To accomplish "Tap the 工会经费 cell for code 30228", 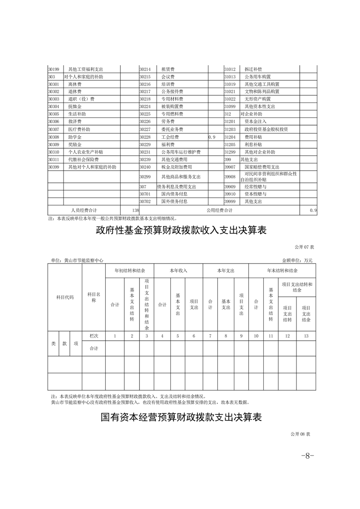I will click(x=170, y=137).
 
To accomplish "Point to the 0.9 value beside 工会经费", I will click(x=212, y=137).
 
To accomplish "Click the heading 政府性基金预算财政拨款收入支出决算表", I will click(x=180, y=230).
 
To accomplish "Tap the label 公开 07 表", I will click(x=304, y=247).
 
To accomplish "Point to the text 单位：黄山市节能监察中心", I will click(x=77, y=260).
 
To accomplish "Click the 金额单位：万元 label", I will click(x=297, y=260).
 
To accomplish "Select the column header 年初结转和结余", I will click(x=130, y=270).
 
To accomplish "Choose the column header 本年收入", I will click(x=178, y=270).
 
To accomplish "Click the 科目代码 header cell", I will click(x=64, y=297).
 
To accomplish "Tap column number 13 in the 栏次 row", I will click(x=306, y=336).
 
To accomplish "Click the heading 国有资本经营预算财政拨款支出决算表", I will click(x=181, y=417).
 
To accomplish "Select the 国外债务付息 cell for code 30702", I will click(x=174, y=201).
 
